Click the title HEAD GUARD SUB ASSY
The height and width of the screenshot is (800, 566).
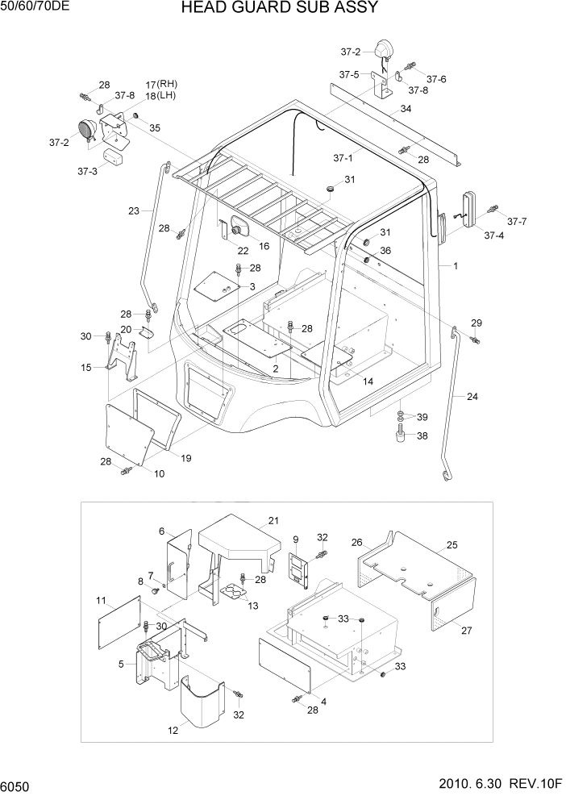point(279,9)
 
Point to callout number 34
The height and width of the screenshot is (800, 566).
point(406,109)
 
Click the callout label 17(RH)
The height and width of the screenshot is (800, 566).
point(160,84)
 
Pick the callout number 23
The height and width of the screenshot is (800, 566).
point(133,211)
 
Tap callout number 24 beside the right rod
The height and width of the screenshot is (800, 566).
point(472,396)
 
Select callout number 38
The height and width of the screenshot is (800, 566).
point(421,435)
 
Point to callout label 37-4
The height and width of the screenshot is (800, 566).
point(493,235)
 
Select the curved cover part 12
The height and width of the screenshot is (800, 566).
point(200,696)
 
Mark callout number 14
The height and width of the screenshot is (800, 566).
point(368,381)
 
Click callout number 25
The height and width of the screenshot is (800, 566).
point(452,546)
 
